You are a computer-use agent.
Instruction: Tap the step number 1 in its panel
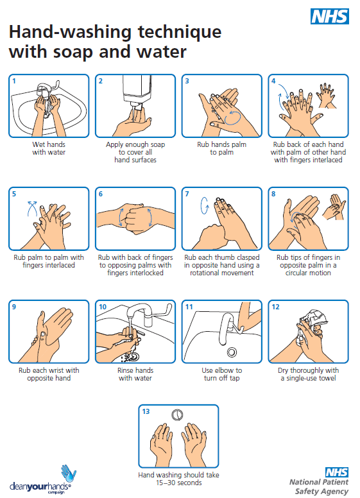tap(15, 81)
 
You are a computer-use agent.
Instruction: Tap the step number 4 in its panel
tap(273, 81)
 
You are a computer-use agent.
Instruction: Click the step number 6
tap(101, 193)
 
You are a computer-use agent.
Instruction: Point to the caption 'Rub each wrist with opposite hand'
tap(49, 374)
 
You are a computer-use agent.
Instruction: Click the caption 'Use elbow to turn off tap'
tap(222, 374)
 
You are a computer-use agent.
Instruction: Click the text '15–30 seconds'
tap(179, 483)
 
